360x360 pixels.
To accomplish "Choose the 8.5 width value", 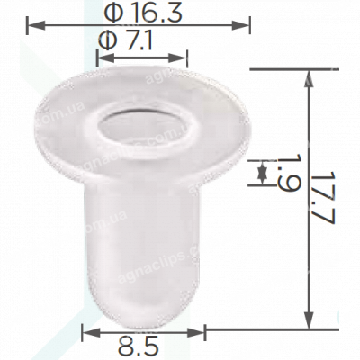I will pyautogui.click(x=142, y=345).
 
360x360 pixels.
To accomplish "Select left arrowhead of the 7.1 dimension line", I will pyautogui.click(x=100, y=55).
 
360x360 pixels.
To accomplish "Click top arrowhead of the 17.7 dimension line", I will pyautogui.click(x=310, y=76).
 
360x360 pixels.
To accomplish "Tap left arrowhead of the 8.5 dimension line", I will pyautogui.click(x=87, y=331).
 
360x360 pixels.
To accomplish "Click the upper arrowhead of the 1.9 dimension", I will pyautogui.click(x=262, y=165).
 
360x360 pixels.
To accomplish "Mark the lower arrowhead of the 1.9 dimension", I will pyautogui.click(x=262, y=181).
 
